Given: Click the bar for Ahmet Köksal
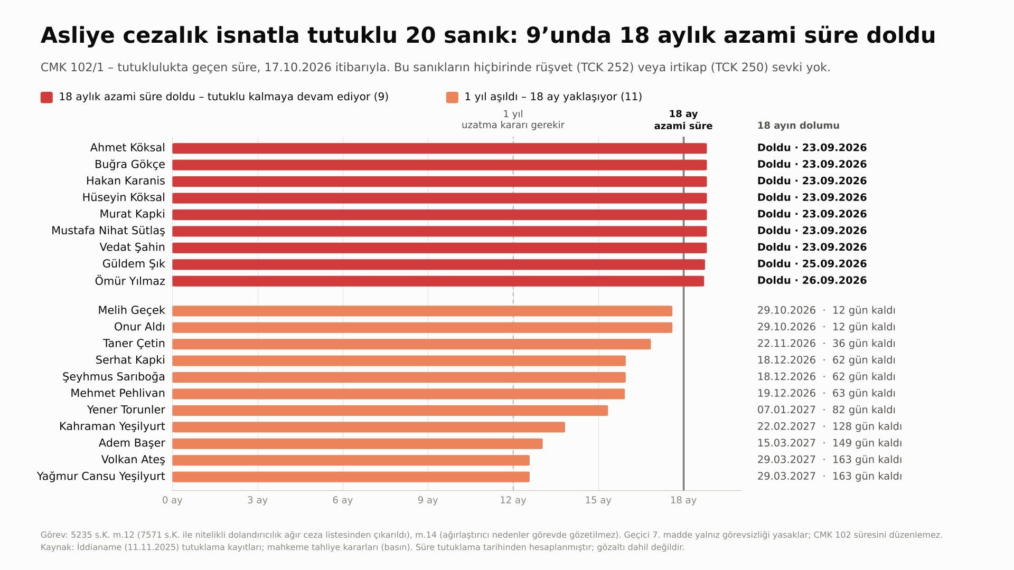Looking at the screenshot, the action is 439,148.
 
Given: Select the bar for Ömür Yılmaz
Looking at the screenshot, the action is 438,281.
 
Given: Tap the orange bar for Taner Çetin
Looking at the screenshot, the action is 411,344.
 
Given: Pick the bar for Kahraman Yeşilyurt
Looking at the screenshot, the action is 369,427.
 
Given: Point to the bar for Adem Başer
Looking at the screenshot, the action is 358,444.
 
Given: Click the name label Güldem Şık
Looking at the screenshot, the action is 134,264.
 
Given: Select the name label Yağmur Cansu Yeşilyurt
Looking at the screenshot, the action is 101,477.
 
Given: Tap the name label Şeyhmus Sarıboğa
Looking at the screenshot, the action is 114,377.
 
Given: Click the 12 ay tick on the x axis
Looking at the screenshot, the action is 513,500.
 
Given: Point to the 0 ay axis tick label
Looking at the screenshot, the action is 172,500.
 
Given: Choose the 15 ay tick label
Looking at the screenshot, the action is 598,500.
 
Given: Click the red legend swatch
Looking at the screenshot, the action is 46,97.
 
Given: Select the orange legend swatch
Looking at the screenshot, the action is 452,97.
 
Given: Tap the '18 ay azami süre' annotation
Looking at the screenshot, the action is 683,120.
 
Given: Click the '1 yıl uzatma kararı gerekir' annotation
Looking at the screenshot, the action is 513,120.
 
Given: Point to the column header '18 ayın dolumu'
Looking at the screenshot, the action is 798,126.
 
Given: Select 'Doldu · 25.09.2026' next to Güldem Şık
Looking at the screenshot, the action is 812,264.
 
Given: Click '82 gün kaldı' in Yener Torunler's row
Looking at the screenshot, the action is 863,410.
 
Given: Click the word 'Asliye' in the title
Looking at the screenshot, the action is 78,36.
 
